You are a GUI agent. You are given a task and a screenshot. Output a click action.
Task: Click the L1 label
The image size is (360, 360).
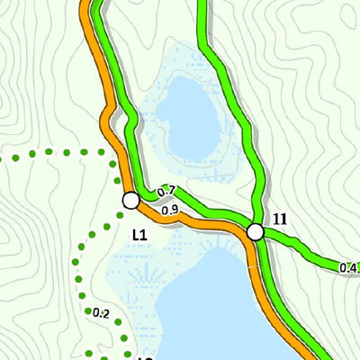(139, 235)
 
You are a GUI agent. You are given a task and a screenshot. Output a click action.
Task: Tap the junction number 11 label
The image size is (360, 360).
(280, 219)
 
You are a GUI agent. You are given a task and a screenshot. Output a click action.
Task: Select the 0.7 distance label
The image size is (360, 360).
(166, 192)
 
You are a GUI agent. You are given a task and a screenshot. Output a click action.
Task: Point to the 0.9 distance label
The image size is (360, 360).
(170, 211)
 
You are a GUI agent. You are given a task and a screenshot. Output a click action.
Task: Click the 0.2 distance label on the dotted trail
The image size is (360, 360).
(100, 313)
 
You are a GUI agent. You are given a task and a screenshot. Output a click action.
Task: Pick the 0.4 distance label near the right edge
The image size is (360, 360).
(349, 267)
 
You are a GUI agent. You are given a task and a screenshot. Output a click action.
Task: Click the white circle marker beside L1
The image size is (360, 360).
(130, 200)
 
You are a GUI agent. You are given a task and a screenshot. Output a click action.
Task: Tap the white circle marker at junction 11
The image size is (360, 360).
(256, 232)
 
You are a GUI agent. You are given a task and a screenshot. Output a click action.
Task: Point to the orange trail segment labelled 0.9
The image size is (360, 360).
(193, 220)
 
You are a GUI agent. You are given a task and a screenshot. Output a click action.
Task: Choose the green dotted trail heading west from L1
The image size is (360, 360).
(54, 154)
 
